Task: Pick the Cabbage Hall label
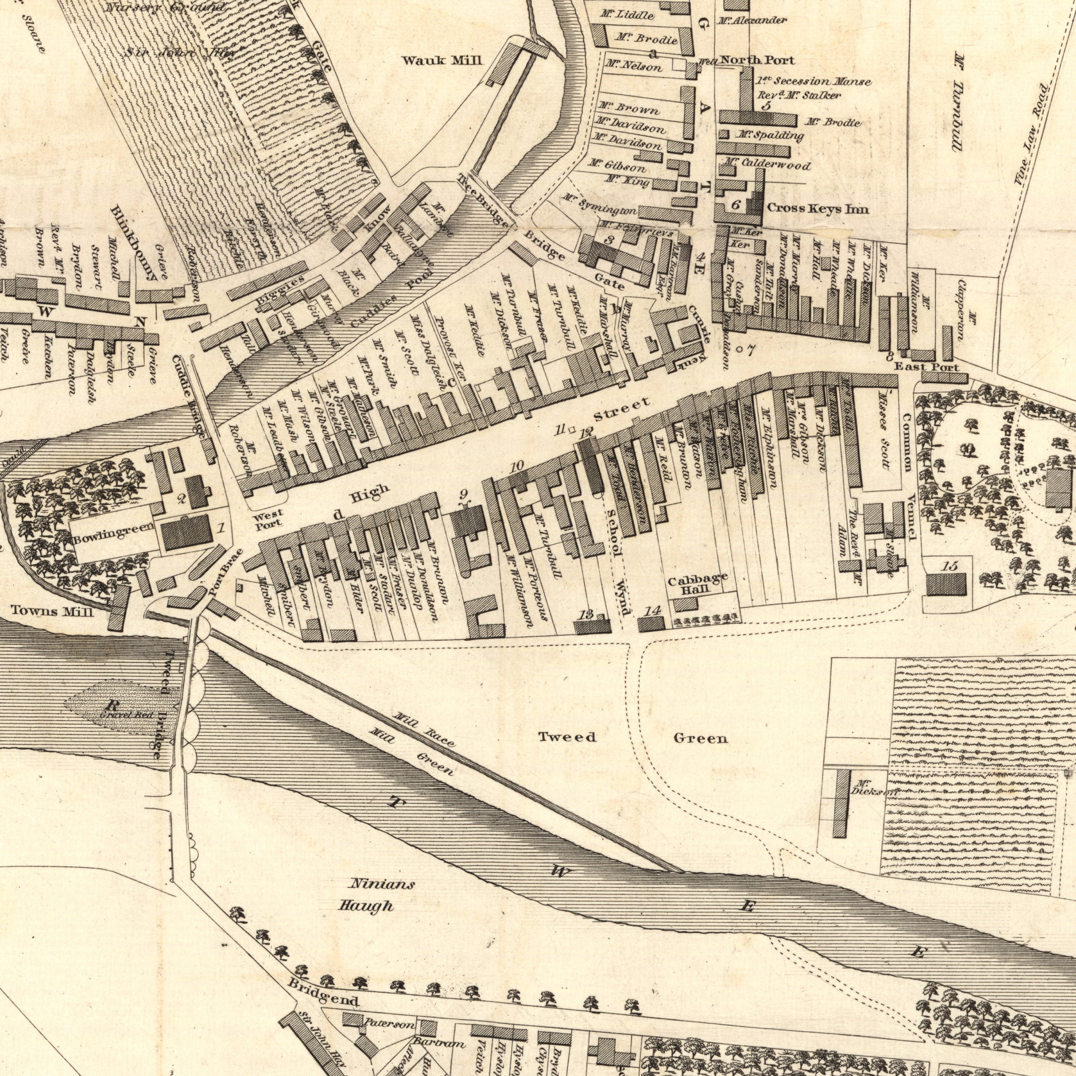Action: pos(697,586)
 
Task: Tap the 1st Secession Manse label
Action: pos(813,81)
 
